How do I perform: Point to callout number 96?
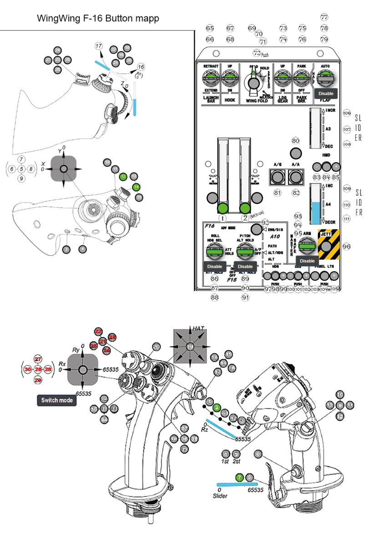click(x=347, y=246)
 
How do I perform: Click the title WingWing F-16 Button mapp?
click(x=98, y=19)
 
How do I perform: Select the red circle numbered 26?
click(x=38, y=370)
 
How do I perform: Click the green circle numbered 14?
click(x=136, y=187)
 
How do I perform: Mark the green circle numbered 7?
click(x=239, y=477)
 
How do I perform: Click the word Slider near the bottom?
click(x=220, y=496)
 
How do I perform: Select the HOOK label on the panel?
click(x=230, y=100)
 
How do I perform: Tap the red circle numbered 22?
click(x=98, y=332)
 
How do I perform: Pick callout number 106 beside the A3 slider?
click(x=347, y=113)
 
